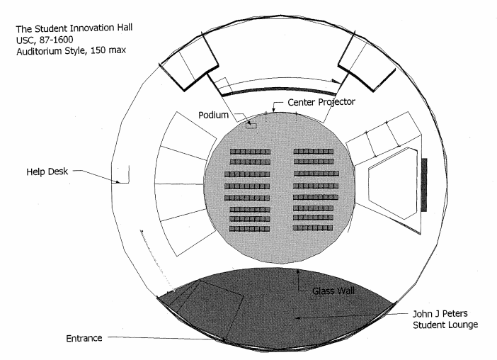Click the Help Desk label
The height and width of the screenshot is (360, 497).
coord(47,171)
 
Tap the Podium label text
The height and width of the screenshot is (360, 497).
coord(213,115)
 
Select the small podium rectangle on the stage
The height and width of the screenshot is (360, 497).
coord(251,125)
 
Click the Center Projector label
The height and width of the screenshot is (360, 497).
coord(321,102)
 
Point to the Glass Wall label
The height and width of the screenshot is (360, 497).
coord(333,291)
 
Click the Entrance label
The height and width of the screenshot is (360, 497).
coord(84,339)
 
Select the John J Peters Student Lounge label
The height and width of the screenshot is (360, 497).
coord(445,319)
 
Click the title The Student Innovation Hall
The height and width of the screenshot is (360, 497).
coord(74,28)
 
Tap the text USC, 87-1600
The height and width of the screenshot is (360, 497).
coord(45,40)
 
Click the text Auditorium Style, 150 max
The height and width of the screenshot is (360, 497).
coord(71,51)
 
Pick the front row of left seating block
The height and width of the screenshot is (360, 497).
coord(250,152)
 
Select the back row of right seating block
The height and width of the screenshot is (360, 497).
coord(313,227)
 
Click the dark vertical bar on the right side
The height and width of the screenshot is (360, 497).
coord(424,185)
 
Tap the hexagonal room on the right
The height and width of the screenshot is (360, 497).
coord(393,183)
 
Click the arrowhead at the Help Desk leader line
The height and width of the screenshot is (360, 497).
coord(118,181)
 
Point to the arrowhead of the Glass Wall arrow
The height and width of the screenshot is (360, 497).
coord(298,271)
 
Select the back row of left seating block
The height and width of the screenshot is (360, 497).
coord(249,229)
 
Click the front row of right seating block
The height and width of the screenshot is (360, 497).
coord(314,152)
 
